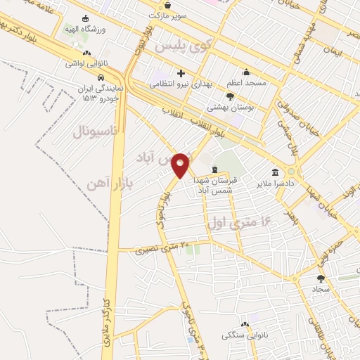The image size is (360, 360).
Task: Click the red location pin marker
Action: coord(181,165)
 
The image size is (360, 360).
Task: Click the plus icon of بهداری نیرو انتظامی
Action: coord(181,72)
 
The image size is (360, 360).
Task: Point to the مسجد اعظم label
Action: coord(246,83)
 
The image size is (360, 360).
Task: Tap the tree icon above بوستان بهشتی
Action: coord(230,96)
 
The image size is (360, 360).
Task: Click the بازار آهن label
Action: coord(103,183)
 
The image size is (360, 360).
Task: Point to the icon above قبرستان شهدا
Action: coord(214,169)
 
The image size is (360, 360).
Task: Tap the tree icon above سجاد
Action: coord(321,278)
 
